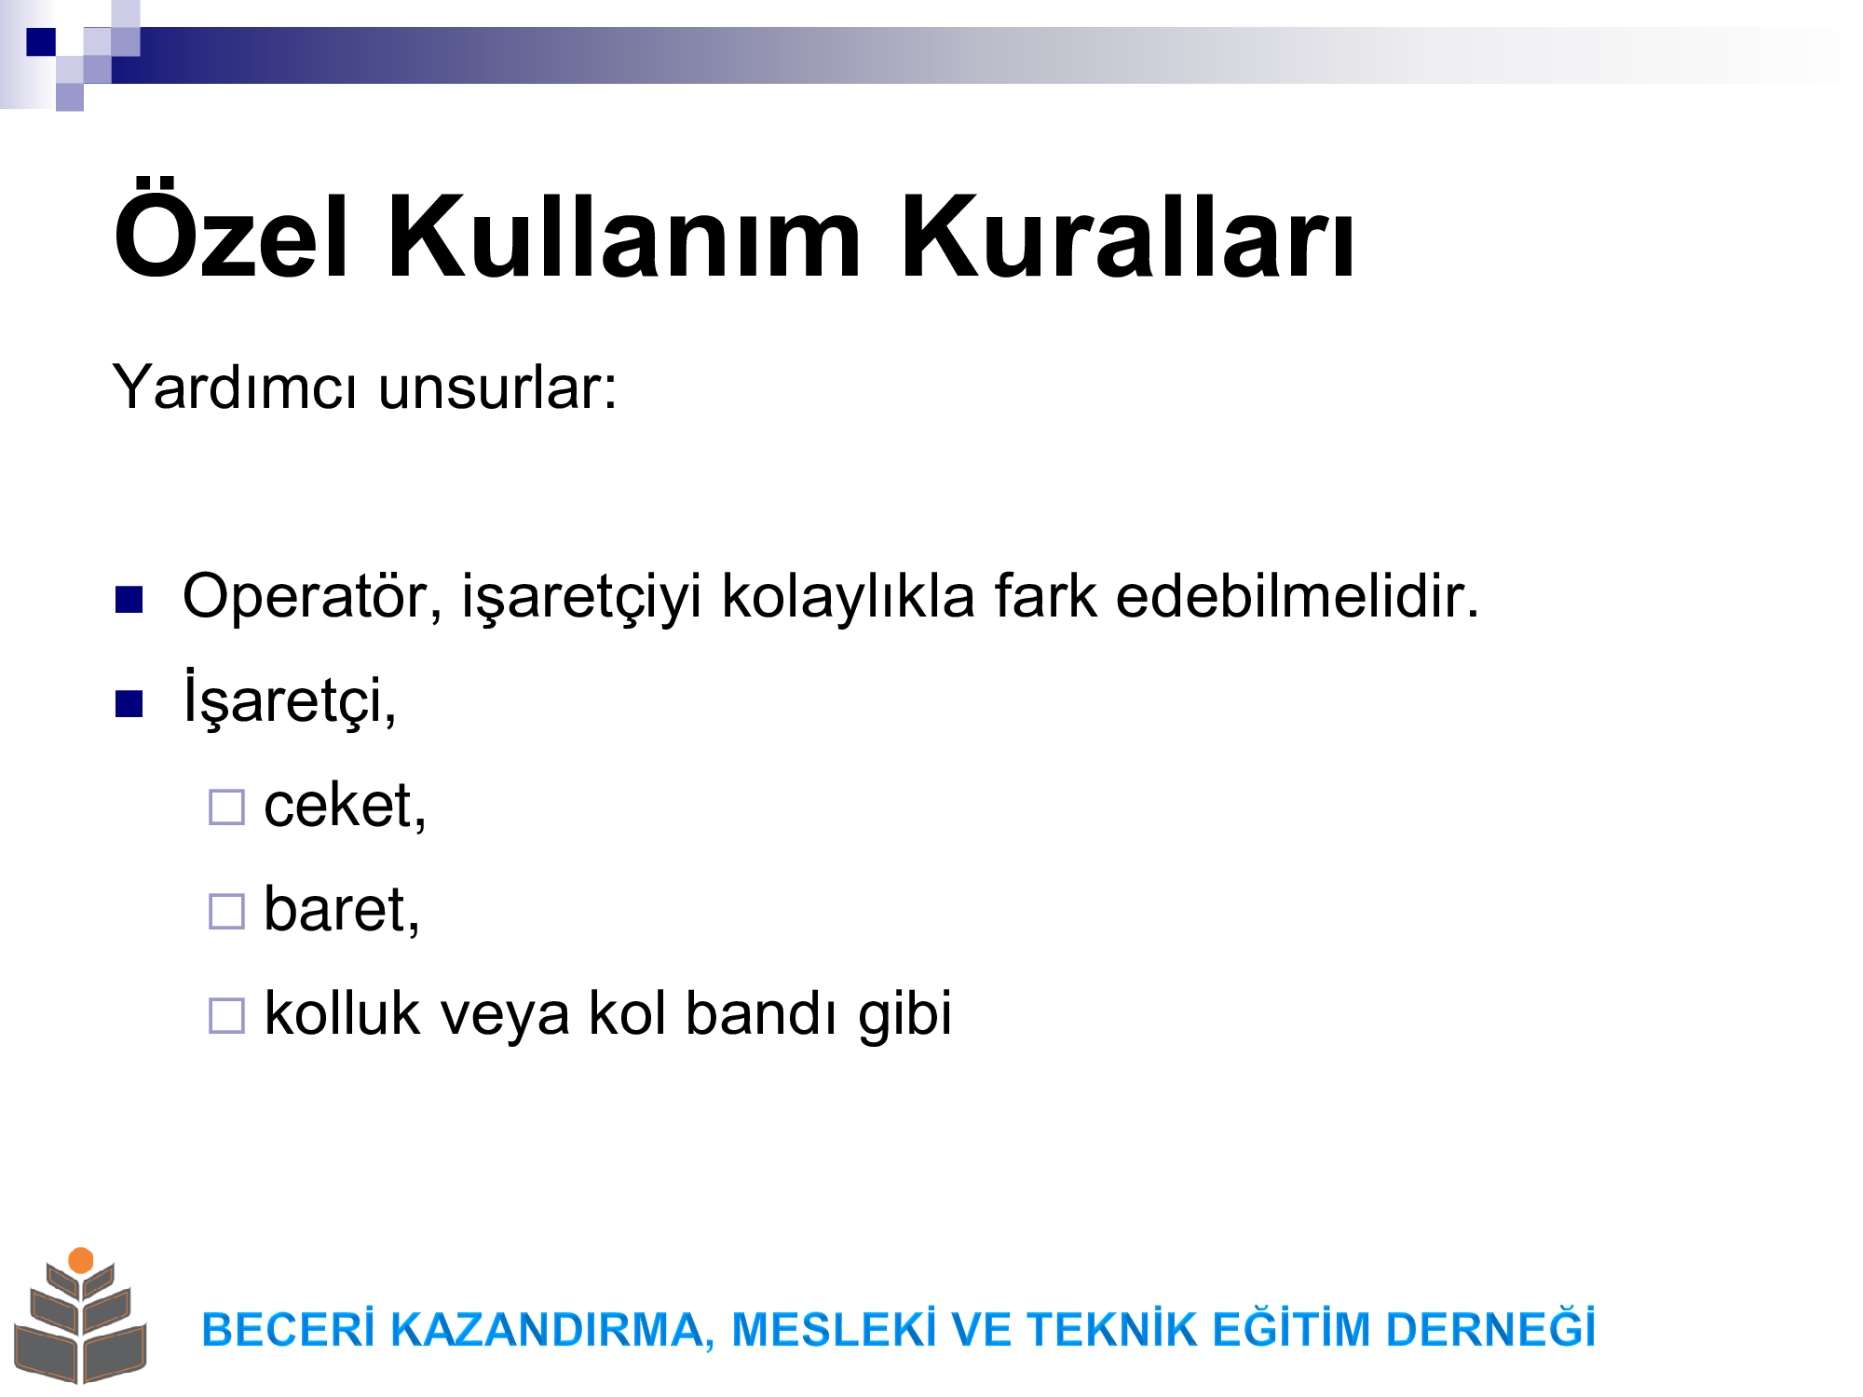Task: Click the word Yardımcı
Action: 234,386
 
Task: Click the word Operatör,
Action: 313,596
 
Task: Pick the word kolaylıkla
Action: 848,595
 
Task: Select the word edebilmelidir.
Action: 1297,595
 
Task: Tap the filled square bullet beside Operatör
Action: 129,600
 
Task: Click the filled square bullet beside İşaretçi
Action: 129,704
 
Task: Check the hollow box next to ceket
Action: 226,807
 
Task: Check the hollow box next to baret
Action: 226,912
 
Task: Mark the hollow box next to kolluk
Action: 226,1016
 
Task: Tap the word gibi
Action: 905,1015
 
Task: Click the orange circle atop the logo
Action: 81,1260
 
